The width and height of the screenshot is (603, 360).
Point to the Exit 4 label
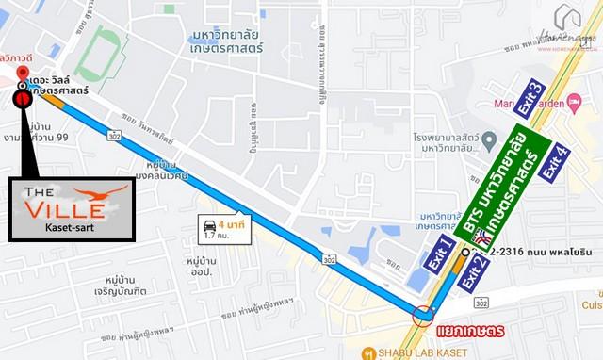[x=557, y=159]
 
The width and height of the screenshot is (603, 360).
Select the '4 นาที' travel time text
[x=232, y=225]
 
